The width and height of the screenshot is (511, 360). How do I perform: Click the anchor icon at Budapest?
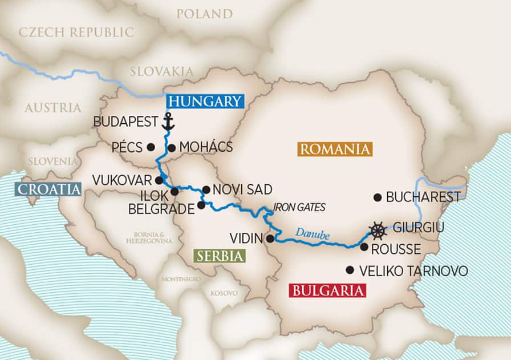pyautogui.click(x=168, y=122)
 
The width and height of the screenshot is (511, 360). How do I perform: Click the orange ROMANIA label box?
pyautogui.click(x=334, y=149)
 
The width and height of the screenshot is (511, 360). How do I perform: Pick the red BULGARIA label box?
pyautogui.click(x=327, y=290)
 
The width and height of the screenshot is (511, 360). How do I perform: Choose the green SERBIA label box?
pyautogui.click(x=220, y=256)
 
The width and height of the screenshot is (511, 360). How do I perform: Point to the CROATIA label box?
pyautogui.click(x=50, y=189)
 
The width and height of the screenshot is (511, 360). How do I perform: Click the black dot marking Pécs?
pyautogui.click(x=151, y=147)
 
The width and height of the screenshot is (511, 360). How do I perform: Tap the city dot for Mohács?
pyautogui.click(x=171, y=147)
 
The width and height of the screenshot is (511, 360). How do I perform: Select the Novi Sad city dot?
pyautogui.click(x=206, y=189)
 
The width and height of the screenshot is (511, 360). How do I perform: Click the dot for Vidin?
pyautogui.click(x=269, y=239)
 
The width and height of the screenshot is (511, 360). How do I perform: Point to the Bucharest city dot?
pyautogui.click(x=377, y=197)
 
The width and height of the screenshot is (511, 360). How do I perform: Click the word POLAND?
pyautogui.click(x=204, y=14)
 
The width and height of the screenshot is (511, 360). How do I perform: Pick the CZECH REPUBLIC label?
pyautogui.click(x=76, y=32)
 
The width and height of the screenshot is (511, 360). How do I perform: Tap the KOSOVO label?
pyautogui.click(x=224, y=293)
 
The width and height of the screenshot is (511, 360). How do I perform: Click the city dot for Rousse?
pyautogui.click(x=363, y=247)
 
